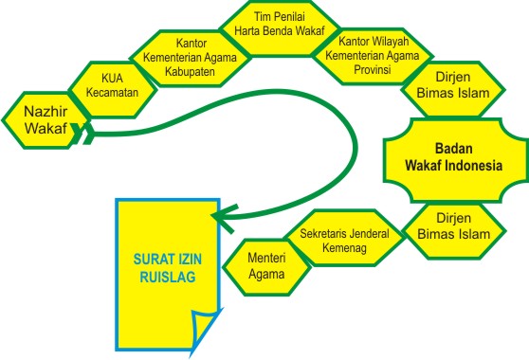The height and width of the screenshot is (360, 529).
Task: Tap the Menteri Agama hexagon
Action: click(266, 265)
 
